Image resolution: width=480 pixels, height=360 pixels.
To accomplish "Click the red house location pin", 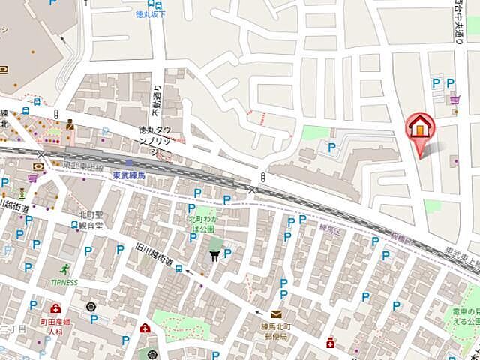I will pos(420,127).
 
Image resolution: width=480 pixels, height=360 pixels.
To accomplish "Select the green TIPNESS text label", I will pos(64,283).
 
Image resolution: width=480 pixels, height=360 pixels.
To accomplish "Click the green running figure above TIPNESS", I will pos(65,268).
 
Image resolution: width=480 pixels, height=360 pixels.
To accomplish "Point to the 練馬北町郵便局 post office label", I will pos(279,331).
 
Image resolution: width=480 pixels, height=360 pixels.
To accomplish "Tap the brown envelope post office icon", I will pos(276,315).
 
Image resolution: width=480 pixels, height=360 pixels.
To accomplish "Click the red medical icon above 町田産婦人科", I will pos(55,308).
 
